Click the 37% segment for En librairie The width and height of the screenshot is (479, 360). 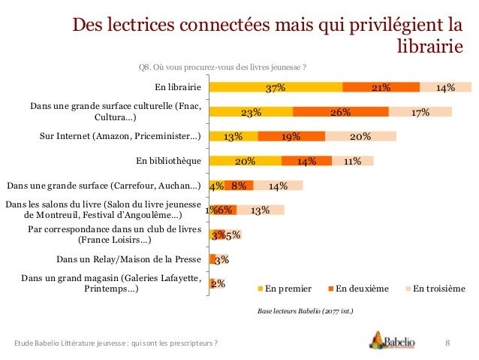pos(276,87)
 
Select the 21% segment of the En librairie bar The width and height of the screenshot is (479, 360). pos(381,87)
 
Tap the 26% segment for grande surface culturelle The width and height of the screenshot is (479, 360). pos(341,112)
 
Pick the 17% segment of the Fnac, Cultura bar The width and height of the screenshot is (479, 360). pos(420,112)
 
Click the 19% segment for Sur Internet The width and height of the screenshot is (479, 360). pos(291,136)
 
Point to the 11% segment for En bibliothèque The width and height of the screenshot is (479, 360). pos(353,161)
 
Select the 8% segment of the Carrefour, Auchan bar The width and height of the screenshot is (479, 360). pos(239,186)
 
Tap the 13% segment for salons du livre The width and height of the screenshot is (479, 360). pos(261,210)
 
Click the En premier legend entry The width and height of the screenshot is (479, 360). pos(285,289)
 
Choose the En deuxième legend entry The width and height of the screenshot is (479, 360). pos(358,289)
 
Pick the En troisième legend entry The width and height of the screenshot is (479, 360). pos(435,289)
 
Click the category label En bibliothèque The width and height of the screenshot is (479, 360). pos(169,161)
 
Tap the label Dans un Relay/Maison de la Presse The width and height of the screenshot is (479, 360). pos(128,259)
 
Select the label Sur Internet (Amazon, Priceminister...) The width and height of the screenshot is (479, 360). pos(120,136)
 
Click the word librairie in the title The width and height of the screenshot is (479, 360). pos(430,47)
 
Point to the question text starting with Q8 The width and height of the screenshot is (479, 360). pos(222,67)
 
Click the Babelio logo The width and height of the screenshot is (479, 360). pos(392,340)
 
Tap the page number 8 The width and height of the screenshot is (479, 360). pos(447,343)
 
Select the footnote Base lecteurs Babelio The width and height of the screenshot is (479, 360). pos(305,311)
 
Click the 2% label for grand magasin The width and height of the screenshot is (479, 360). pos(218,283)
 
